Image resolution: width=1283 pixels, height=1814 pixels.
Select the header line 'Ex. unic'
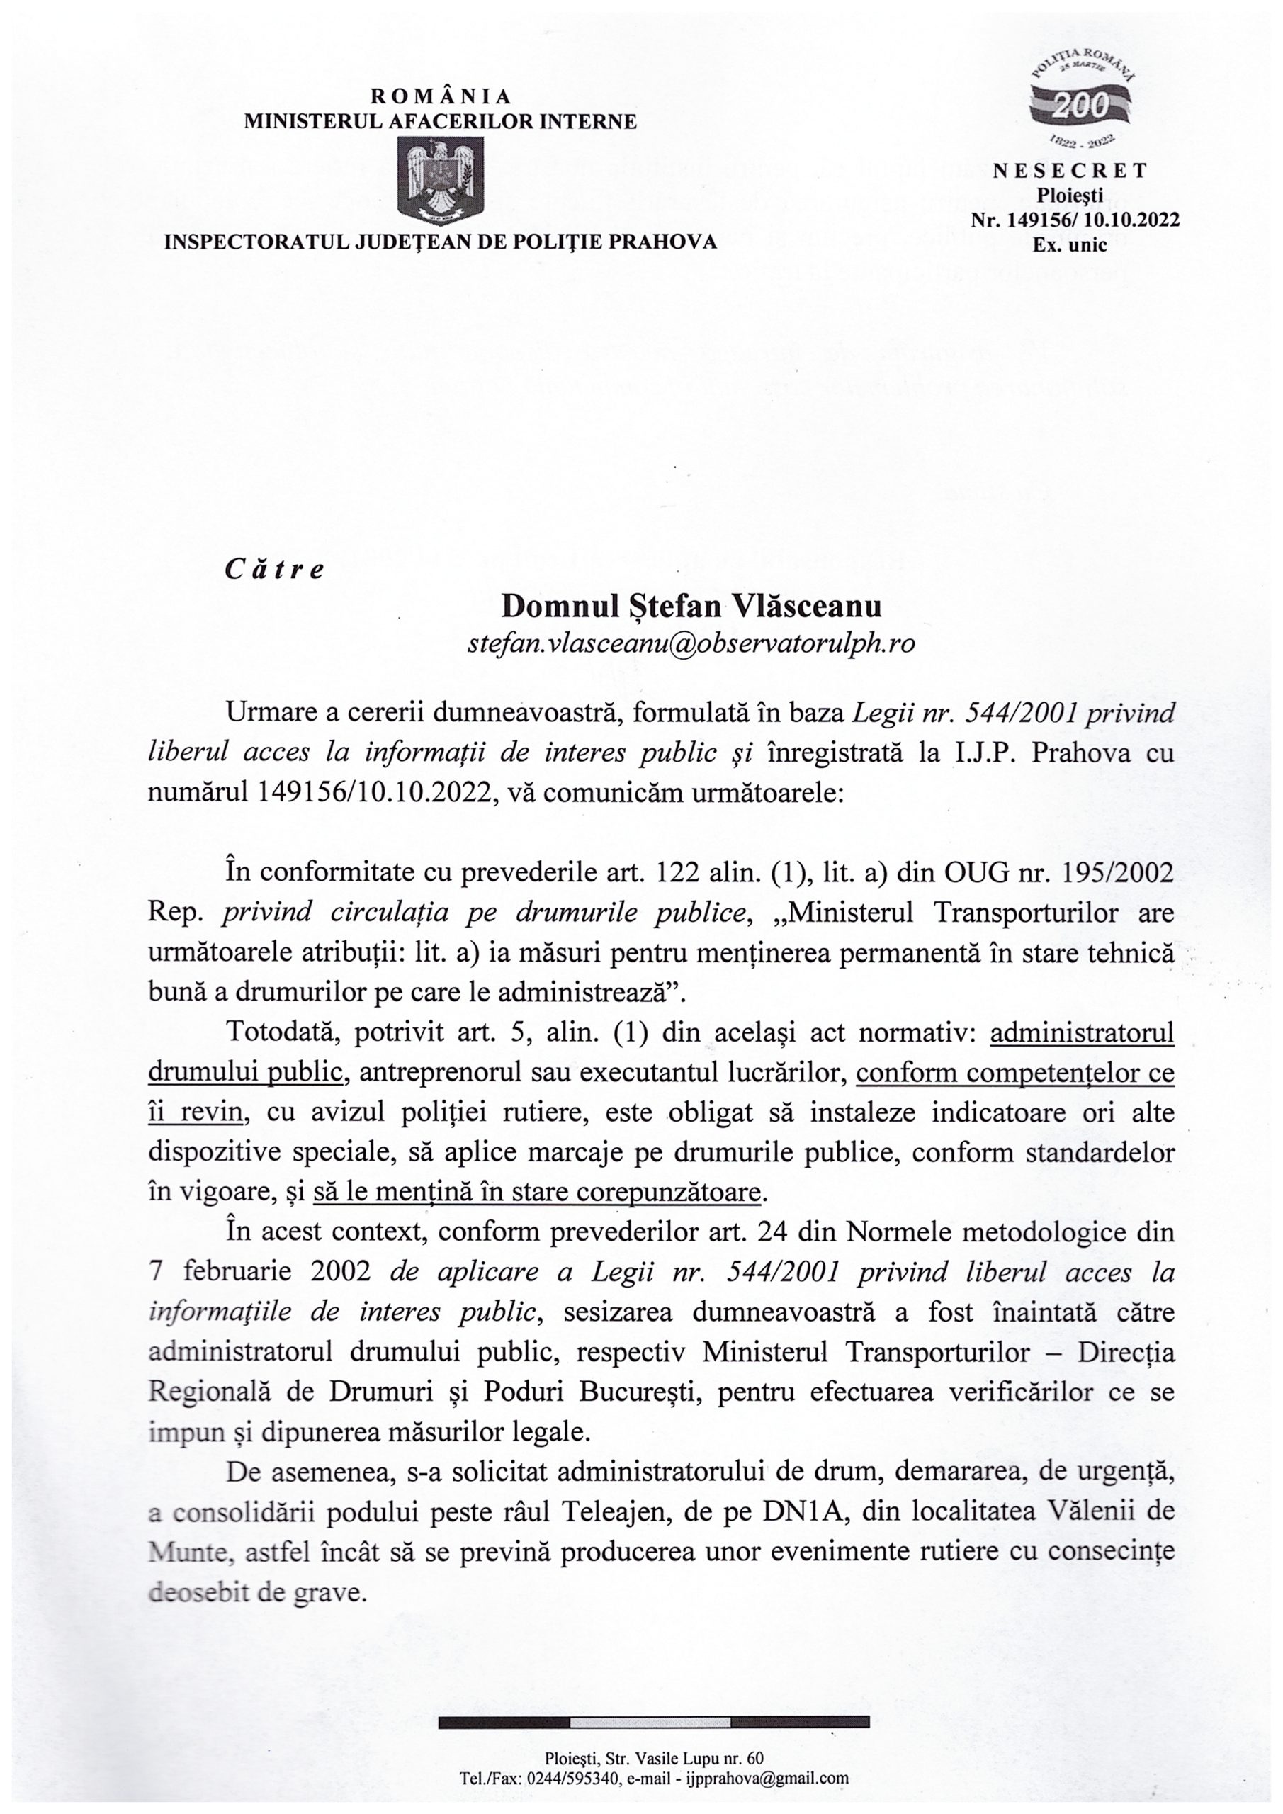pyautogui.click(x=1070, y=245)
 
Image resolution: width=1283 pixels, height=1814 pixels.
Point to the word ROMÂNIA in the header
pyautogui.click(x=441, y=96)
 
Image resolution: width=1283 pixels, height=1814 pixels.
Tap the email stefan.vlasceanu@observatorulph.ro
pyautogui.click(x=691, y=644)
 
